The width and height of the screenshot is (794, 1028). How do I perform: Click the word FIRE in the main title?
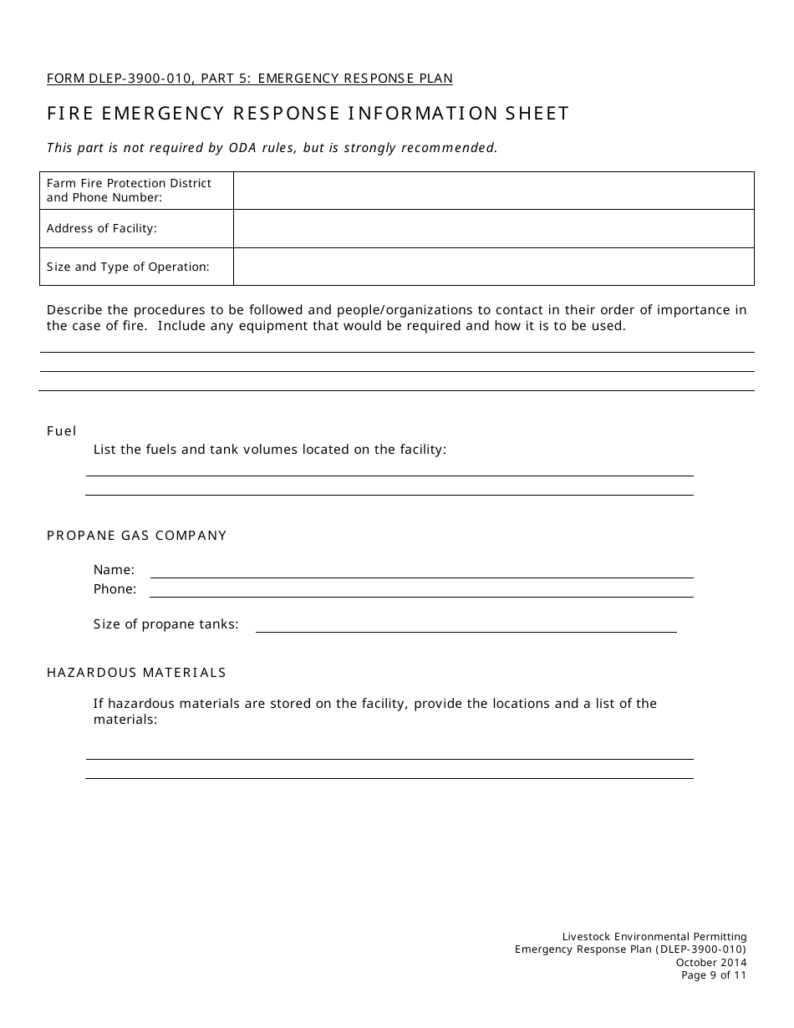click(71, 114)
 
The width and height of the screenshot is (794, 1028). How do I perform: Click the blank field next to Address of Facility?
click(493, 228)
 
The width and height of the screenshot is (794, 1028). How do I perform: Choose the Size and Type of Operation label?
click(128, 267)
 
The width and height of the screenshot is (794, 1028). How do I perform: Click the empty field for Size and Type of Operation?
click(493, 267)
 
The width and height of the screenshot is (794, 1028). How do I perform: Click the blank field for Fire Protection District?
click(493, 191)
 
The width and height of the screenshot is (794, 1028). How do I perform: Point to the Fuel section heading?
click(61, 431)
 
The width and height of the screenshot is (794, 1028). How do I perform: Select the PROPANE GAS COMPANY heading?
click(137, 536)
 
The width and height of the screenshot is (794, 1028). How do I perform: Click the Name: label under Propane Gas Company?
click(114, 570)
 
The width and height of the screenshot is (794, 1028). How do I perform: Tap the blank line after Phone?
click(421, 589)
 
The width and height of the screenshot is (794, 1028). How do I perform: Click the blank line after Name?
click(421, 570)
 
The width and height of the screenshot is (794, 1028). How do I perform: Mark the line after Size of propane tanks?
click(466, 624)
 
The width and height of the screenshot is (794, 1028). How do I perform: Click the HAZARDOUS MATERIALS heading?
click(136, 673)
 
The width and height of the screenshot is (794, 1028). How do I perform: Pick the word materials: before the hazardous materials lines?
click(125, 720)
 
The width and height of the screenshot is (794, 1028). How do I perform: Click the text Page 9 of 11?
click(714, 975)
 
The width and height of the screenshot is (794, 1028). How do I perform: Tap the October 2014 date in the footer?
click(711, 962)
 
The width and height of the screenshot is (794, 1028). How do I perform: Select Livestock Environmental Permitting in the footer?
click(654, 937)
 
